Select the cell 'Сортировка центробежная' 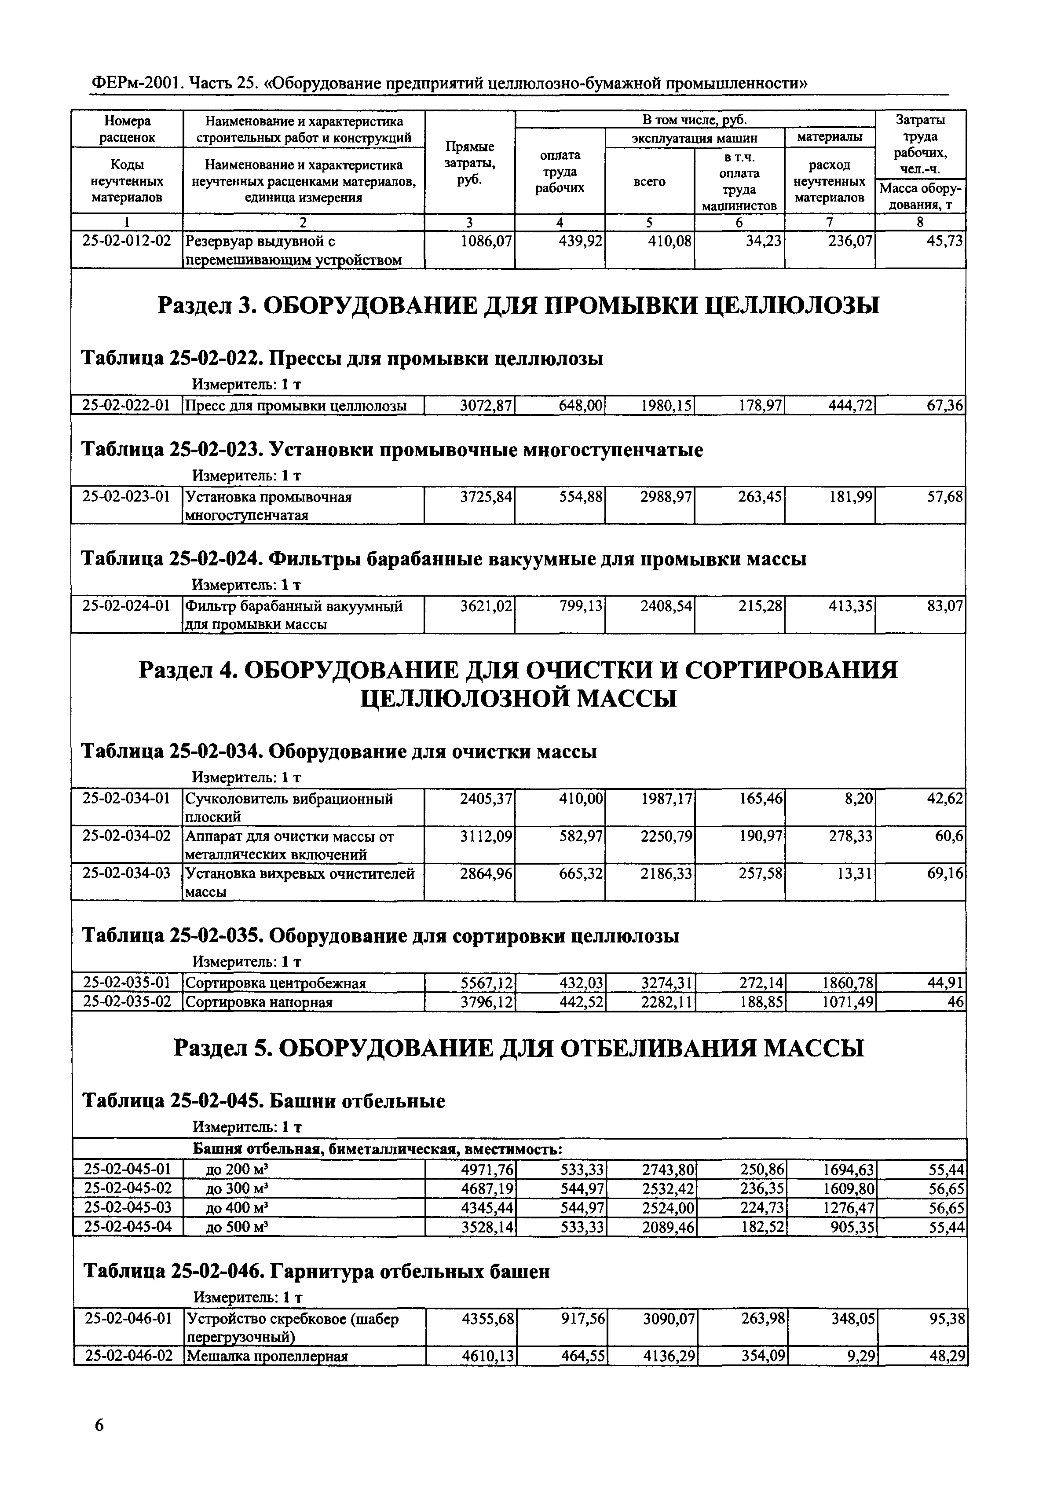(x=276, y=983)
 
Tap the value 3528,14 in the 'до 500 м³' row (x=487, y=1228)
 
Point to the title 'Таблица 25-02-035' (x=380, y=936)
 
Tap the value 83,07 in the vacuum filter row (x=944, y=607)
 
